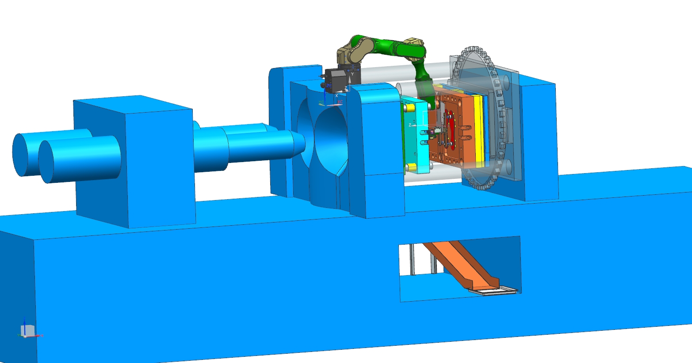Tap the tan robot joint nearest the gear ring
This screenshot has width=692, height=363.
pyautogui.click(x=416, y=46)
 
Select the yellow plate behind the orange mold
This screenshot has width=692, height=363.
pyautogui.click(x=478, y=128)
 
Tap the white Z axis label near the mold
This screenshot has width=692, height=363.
pyautogui.click(x=410, y=125)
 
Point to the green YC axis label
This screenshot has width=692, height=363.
pyautogui.click(x=321, y=102)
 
